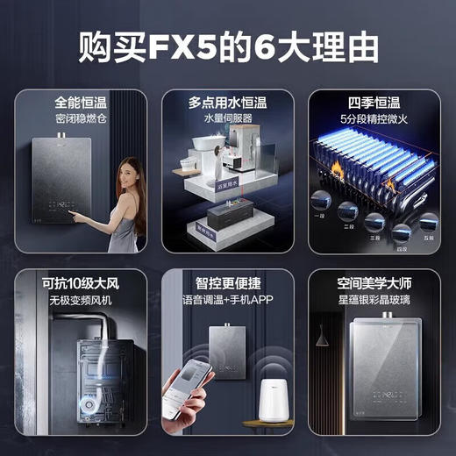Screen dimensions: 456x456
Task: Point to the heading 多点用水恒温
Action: coord(227,103)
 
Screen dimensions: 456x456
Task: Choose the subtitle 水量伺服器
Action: coord(227,118)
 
